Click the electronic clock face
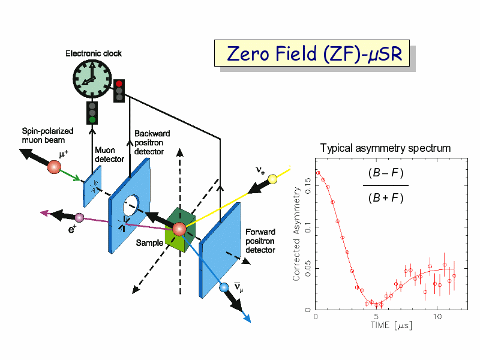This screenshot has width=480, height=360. pos(92,79)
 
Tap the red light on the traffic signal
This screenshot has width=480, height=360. pos(119,83)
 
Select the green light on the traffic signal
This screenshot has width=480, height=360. pos(92,119)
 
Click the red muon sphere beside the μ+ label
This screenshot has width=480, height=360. pos(54,167)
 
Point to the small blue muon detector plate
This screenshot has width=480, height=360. pos(92,186)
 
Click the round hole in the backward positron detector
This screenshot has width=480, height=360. pos(131,205)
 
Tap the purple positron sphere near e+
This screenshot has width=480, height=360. pos(79,218)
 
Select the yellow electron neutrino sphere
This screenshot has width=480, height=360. pos(272,179)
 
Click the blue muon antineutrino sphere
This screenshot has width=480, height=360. pos(224,287)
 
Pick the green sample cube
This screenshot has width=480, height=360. pos(180,230)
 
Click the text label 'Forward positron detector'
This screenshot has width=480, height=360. pos(260,241)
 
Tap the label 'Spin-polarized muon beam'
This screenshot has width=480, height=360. pos(47,136)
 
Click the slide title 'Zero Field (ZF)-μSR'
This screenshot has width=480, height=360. pos(314,53)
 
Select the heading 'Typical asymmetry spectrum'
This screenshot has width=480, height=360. pos(385,148)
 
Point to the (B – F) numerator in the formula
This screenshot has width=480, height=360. pos(386,173)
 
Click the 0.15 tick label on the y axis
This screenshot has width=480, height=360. pos(308,185)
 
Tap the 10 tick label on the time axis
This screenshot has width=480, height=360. pos(437,316)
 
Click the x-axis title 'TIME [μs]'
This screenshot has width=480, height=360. pos(391,325)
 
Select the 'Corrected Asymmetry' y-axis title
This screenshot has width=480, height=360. pos(296,233)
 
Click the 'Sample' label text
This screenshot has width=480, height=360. pos(149,243)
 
